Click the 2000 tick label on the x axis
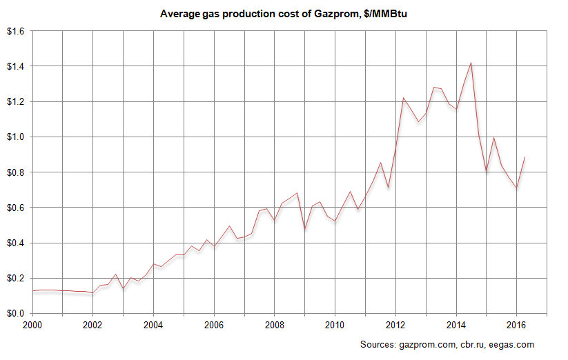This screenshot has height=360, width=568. tap(32, 324)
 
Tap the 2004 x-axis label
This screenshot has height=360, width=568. tap(153, 324)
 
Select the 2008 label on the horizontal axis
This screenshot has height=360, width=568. tap(275, 324)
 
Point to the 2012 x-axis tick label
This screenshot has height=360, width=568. tap(395, 324)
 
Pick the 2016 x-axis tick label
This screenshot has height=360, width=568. tap(516, 324)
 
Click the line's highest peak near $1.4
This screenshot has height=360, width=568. tap(471, 63)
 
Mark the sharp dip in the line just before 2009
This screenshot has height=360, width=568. tap(304, 229)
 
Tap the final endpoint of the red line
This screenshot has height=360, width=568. tap(525, 157)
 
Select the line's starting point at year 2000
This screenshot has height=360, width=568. tap(32, 291)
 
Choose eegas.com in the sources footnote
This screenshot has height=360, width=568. tap(512, 344)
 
